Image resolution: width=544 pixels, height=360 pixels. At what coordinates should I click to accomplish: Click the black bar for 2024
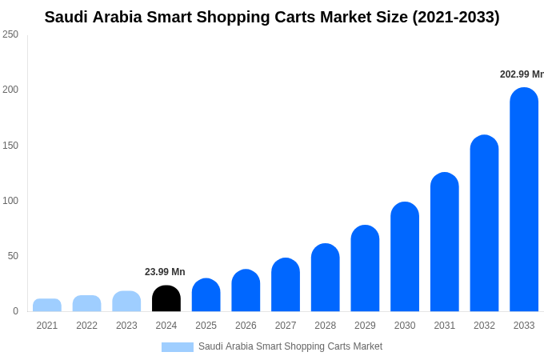tap(166, 298)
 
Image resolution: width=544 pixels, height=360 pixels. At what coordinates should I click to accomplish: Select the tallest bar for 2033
tap(524, 200)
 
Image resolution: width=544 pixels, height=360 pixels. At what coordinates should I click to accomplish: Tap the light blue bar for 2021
tap(47, 305)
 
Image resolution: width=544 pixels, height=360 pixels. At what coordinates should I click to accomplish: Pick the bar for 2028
tap(326, 278)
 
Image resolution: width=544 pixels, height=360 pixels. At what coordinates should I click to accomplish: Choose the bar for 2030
tap(405, 257)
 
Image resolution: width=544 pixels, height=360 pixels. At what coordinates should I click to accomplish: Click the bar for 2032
tap(484, 223)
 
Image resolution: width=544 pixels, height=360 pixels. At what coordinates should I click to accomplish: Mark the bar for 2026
tap(246, 290)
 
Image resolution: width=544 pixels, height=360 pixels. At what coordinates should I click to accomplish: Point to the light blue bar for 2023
tap(126, 302)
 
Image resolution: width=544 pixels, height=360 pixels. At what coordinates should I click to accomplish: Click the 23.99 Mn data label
tap(165, 272)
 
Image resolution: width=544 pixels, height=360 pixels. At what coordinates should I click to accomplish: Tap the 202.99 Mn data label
tap(521, 74)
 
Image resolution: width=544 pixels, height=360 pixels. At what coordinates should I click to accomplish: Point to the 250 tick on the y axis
tap(10, 34)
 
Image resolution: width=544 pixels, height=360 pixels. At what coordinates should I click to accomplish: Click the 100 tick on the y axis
tap(10, 201)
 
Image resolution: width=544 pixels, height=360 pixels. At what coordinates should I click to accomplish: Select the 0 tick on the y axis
tap(15, 311)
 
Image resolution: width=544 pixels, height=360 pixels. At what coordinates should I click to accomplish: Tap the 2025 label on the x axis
tap(206, 326)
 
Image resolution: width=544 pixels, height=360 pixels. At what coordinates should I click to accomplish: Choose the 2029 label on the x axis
tap(365, 326)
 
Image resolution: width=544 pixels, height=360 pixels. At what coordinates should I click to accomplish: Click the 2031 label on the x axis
tap(445, 326)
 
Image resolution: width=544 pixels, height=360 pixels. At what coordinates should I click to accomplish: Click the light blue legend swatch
tap(178, 347)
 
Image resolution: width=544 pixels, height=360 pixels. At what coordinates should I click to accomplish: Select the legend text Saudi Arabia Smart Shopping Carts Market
tap(290, 346)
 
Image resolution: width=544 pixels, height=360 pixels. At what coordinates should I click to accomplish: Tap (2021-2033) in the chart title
tap(455, 17)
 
